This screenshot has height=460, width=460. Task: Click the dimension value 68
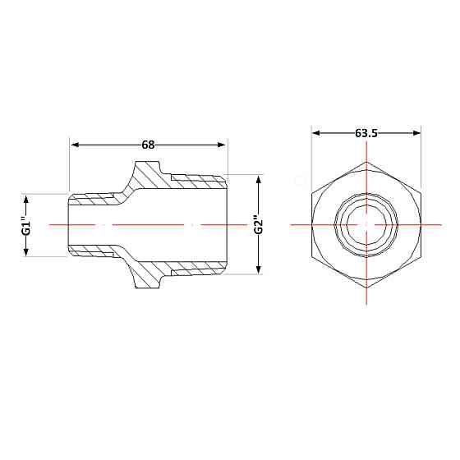[148, 145]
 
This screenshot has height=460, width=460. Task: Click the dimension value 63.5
[366, 133]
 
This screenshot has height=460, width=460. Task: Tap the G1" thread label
[26, 225]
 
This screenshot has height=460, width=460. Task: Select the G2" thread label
[259, 225]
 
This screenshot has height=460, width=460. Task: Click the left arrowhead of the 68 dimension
[76, 145]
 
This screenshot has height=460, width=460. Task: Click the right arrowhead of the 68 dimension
[221, 145]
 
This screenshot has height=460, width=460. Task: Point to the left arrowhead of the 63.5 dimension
[316, 133]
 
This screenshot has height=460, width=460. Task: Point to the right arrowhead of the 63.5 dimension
[416, 133]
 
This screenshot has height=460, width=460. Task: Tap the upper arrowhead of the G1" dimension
[26, 200]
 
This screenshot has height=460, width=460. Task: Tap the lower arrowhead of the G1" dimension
[26, 251]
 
